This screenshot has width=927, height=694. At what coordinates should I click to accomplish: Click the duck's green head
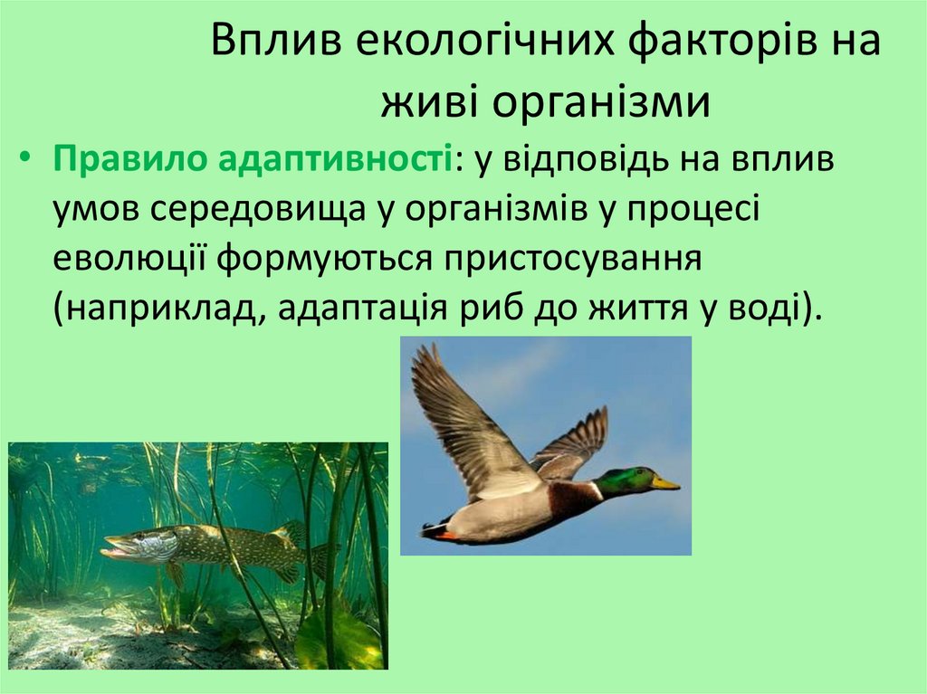[x=626, y=480]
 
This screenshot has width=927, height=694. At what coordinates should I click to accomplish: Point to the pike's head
[x=136, y=545]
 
